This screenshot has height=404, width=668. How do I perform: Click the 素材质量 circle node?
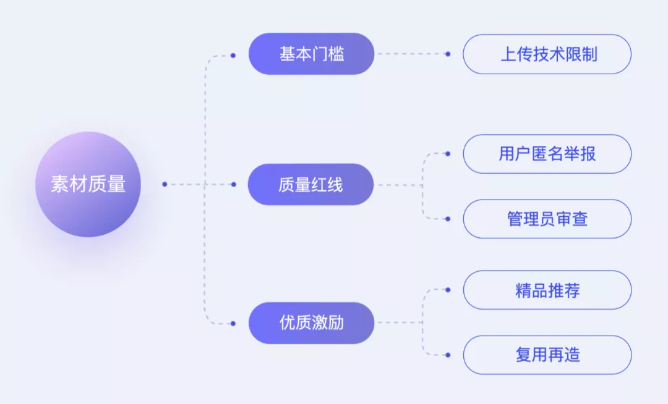pyautogui.click(x=88, y=184)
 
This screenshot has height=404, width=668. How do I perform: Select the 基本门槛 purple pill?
pyautogui.click(x=311, y=54)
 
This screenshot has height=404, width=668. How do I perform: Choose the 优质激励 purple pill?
pyautogui.click(x=311, y=323)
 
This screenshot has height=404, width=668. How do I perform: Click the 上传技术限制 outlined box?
pyautogui.click(x=547, y=54)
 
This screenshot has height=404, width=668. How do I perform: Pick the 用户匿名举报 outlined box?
pyautogui.click(x=547, y=154)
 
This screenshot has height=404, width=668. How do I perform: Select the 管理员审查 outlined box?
pyautogui.click(x=547, y=219)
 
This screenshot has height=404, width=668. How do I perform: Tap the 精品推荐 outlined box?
pyautogui.click(x=547, y=290)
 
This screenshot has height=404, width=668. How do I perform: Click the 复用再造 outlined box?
pyautogui.click(x=547, y=355)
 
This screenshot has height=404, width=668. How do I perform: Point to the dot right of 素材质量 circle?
pyautogui.click(x=165, y=184)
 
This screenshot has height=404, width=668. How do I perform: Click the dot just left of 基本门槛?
pyautogui.click(x=233, y=55)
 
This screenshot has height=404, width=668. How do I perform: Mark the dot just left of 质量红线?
pyautogui.click(x=233, y=184)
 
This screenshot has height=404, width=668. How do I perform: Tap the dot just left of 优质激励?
pyautogui.click(x=233, y=323)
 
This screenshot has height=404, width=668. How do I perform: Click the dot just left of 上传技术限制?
pyautogui.click(x=448, y=54)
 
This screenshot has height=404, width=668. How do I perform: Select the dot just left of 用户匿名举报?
pyautogui.click(x=448, y=154)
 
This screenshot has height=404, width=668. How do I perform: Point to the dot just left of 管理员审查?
pyautogui.click(x=448, y=219)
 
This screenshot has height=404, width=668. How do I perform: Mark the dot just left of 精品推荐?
pyautogui.click(x=448, y=290)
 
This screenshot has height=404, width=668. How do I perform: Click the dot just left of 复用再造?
pyautogui.click(x=448, y=355)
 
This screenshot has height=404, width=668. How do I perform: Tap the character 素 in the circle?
pyautogui.click(x=60, y=184)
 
